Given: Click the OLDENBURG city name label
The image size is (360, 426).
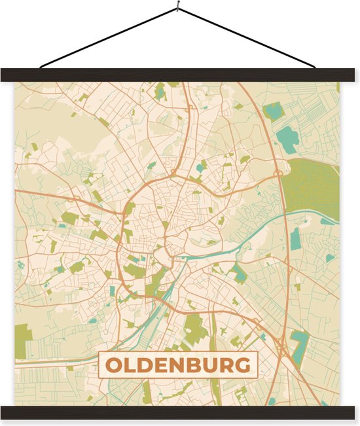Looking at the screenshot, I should pos(178,365).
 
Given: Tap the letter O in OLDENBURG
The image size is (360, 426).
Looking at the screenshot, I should pos(113,365).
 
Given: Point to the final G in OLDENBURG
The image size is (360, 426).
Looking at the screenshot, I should pos(242,365).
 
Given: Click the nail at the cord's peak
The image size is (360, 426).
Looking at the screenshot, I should pos(177,9).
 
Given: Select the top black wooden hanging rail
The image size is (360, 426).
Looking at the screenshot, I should pos(179,75).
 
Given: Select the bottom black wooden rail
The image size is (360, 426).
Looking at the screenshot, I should pos(179,412).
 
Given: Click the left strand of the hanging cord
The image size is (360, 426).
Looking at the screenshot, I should pos(108,38).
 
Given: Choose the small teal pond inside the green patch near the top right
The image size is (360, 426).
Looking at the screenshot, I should pos(271,111).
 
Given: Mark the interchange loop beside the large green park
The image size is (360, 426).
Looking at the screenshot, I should pos(279,172).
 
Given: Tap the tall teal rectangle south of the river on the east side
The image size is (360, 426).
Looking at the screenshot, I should pos(295,239).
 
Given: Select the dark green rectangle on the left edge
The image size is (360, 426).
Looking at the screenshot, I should pos(23,341).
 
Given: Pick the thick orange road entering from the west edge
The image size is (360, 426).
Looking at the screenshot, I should pos(39,194).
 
